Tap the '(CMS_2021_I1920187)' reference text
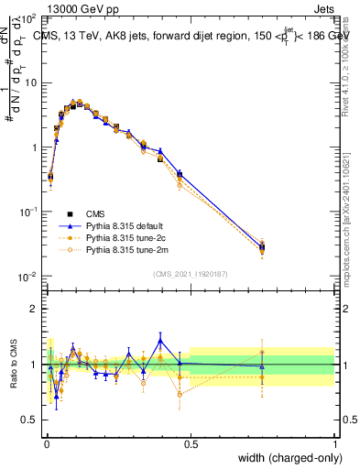(x=191, y=274)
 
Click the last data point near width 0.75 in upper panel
(x=262, y=246)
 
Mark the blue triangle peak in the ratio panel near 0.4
(x=160, y=341)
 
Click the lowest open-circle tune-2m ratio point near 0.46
(x=180, y=395)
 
